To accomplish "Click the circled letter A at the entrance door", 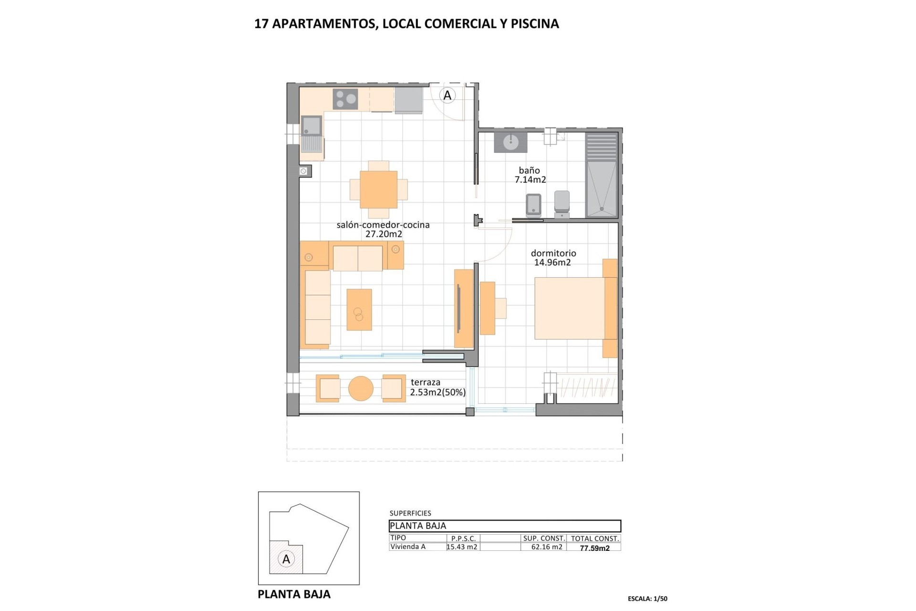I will tap(447, 95).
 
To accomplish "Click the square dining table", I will tap(378, 190).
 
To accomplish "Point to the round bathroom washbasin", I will tap(510, 142).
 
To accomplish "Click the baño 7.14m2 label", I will tap(530, 175).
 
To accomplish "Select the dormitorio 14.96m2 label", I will tap(553, 258).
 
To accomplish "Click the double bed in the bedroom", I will tap(570, 308).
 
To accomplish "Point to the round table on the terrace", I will tap(361, 389).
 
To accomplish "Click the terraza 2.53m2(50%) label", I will tap(437, 388).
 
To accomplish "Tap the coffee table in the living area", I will tap(359, 309).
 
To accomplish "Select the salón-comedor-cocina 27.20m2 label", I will tap(383, 229).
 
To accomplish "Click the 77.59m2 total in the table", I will tap(594, 548).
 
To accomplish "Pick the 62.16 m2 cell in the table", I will tap(547, 547).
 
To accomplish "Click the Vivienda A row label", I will tap(408, 547).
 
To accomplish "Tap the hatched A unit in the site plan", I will tap(286, 558).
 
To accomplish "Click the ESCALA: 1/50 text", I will tap(647, 599).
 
